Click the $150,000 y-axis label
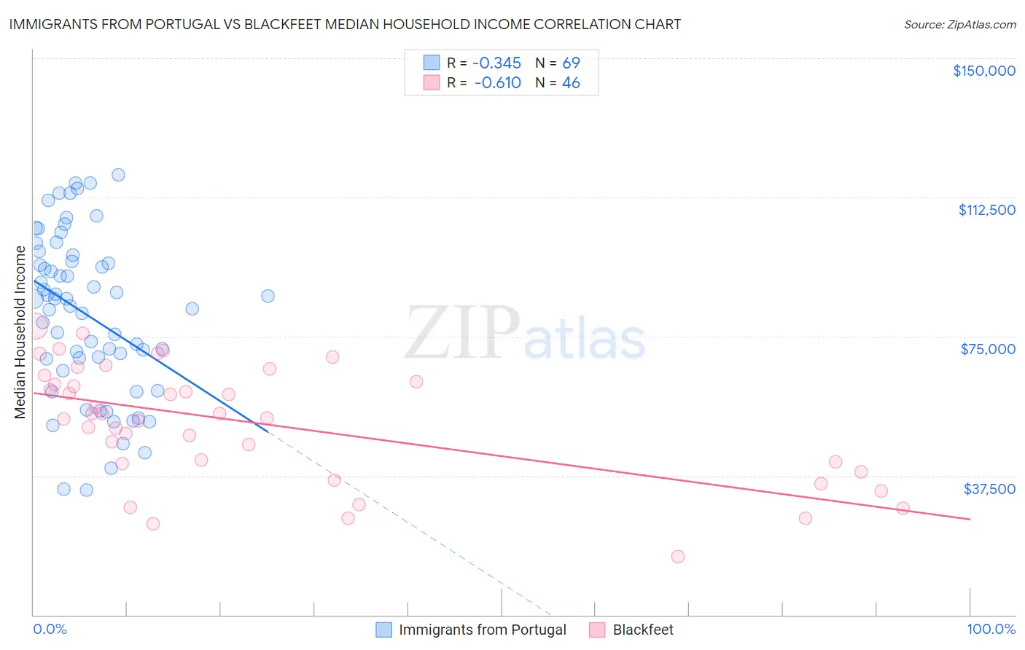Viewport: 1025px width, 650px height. click(x=983, y=71)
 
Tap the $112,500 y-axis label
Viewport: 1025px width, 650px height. click(x=986, y=210)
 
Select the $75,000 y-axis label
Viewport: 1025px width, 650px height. click(x=988, y=349)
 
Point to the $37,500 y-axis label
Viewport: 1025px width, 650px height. click(x=989, y=489)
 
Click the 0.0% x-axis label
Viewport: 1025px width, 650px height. click(x=50, y=629)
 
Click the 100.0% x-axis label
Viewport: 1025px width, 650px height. click(x=991, y=629)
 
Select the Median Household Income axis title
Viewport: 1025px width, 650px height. click(x=20, y=332)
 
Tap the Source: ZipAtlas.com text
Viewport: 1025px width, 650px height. click(x=959, y=25)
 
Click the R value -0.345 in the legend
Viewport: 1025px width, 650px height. click(x=496, y=63)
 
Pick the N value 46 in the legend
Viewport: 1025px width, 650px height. click(x=571, y=83)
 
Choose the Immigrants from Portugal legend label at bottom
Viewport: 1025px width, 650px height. click(x=482, y=630)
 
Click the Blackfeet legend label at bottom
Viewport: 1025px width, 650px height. click(x=642, y=630)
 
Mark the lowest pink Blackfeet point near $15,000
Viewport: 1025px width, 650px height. click(x=677, y=557)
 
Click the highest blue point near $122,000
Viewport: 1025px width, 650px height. click(x=118, y=175)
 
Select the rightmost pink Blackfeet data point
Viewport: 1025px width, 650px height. click(x=903, y=508)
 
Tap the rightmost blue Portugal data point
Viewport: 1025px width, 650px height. click(x=268, y=296)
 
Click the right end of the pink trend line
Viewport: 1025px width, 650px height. click(x=970, y=519)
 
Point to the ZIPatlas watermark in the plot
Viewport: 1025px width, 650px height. click(x=525, y=334)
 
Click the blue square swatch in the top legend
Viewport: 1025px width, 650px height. click(x=432, y=63)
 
